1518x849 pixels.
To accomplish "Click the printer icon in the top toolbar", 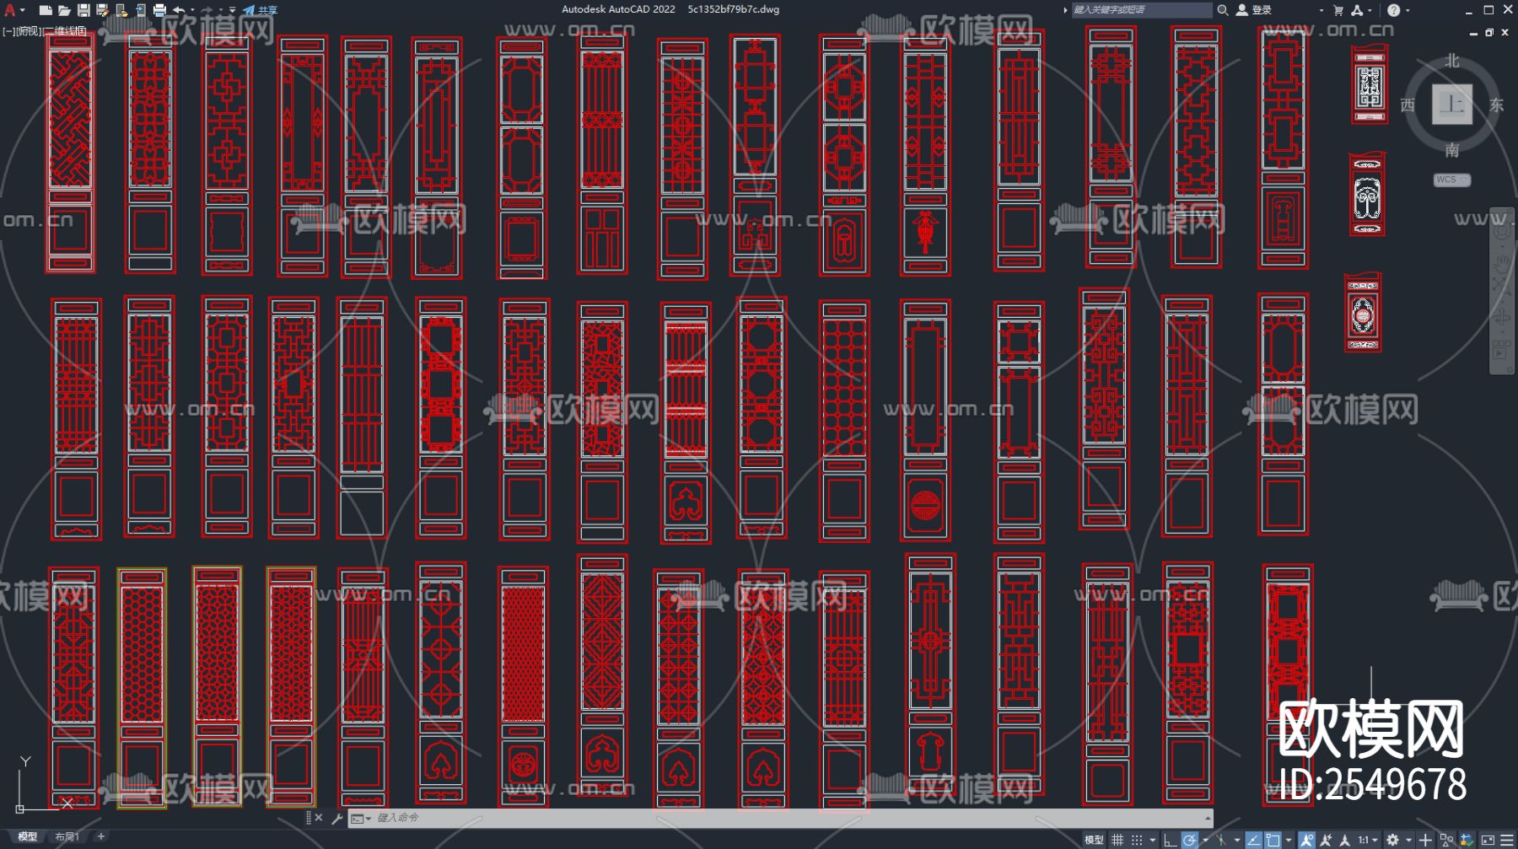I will [159, 10].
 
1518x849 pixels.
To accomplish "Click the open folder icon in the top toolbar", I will [64, 10].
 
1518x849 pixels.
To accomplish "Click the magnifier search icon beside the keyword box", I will [1222, 10].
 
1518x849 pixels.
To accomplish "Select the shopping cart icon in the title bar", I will [1338, 10].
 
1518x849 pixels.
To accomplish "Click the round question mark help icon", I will [1393, 10].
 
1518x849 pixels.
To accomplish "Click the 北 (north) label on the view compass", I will [1451, 61].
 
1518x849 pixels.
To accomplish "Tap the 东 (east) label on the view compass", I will [1496, 105].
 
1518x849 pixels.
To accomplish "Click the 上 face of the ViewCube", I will [1451, 105].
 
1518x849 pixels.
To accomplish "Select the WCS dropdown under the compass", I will [1451, 180].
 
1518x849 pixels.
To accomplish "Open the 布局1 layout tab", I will [67, 836].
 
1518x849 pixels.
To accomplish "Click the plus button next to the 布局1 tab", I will [101, 836].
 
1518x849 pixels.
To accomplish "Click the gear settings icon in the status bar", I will [1392, 840].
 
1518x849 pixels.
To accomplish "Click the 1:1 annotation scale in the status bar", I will [1364, 840].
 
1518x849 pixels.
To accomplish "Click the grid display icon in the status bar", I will [1117, 840].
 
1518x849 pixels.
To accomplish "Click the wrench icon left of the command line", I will [337, 818].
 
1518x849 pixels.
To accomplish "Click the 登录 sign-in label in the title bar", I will [1262, 10].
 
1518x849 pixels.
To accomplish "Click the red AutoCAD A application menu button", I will [10, 10].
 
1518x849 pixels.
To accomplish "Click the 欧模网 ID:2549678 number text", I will [1372, 784].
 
